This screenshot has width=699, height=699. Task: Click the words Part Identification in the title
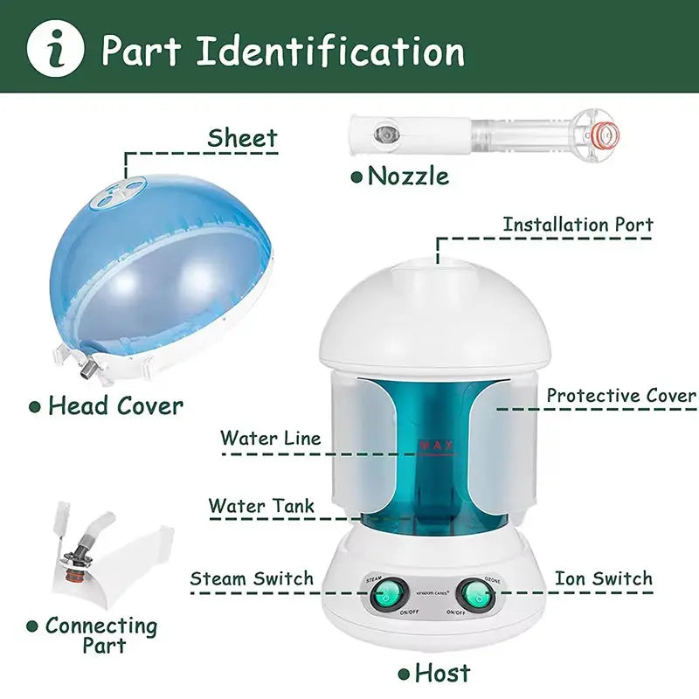[x=283, y=52]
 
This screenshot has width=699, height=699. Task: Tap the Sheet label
[x=242, y=138]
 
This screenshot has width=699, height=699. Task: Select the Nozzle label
[x=408, y=176]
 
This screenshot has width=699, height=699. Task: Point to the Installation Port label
[x=578, y=225]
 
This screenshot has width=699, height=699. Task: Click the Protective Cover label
[x=621, y=395]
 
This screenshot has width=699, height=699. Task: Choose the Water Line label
[x=270, y=438]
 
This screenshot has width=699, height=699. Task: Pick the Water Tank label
[x=261, y=506]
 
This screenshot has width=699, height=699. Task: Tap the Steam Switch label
[x=252, y=578]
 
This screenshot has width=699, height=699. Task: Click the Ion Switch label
[x=603, y=578]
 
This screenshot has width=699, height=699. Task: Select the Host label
[x=442, y=673]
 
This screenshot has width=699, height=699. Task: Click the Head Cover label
[x=115, y=405]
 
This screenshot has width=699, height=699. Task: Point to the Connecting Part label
[x=101, y=635]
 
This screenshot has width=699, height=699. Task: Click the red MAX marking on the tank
[x=436, y=446]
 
